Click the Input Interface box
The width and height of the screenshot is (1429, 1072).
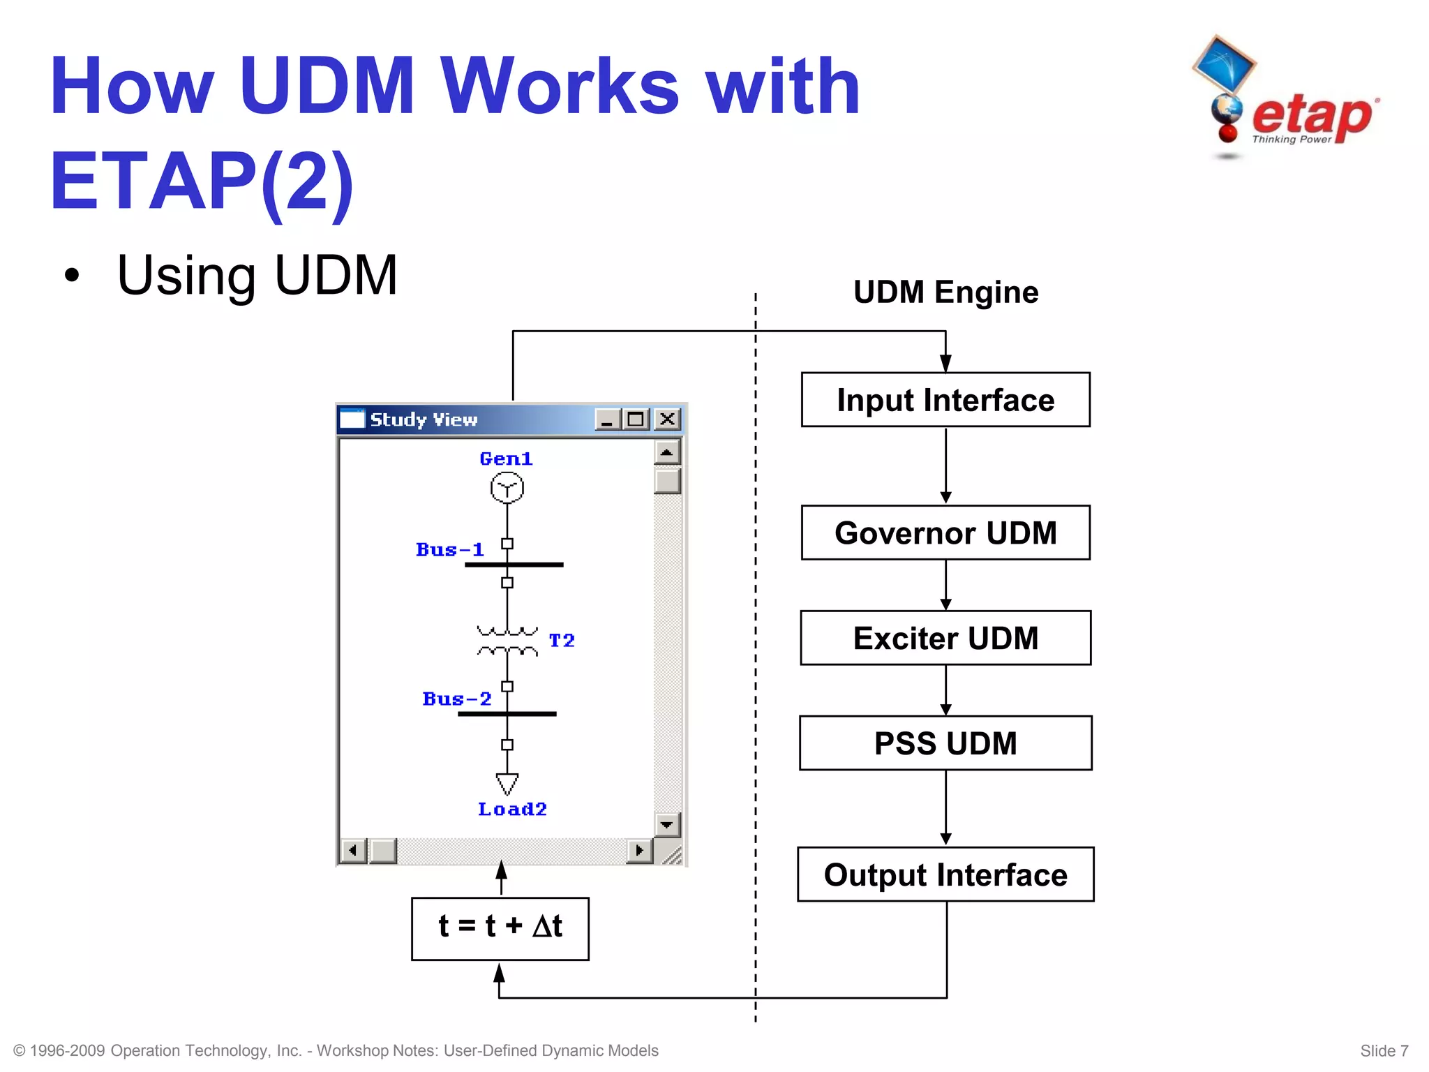pyautogui.click(x=945, y=400)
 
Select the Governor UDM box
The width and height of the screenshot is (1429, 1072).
pyautogui.click(x=945, y=533)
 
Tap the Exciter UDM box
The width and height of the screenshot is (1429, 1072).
pyautogui.click(x=945, y=638)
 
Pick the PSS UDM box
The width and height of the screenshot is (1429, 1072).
pyautogui.click(x=945, y=743)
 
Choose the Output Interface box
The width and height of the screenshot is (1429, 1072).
pyautogui.click(x=945, y=874)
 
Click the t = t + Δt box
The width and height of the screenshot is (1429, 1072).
pyautogui.click(x=500, y=928)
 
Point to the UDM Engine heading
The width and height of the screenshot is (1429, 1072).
pyautogui.click(x=945, y=292)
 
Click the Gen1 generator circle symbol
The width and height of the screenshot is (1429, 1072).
pyautogui.click(x=507, y=488)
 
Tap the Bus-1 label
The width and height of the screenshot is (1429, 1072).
pyautogui.click(x=449, y=550)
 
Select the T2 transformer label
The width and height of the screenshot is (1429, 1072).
pyautogui.click(x=561, y=641)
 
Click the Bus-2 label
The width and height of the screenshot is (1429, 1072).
pyautogui.click(x=456, y=699)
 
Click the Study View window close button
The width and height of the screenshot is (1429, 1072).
pyautogui.click(x=667, y=419)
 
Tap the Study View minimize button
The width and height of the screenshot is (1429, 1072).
pyautogui.click(x=607, y=419)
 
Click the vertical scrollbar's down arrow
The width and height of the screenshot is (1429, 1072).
pyautogui.click(x=667, y=824)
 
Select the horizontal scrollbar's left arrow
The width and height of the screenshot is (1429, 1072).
pyautogui.click(x=353, y=850)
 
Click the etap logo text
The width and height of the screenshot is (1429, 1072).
pyautogui.click(x=1312, y=115)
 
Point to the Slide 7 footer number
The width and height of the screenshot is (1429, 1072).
pyautogui.click(x=1384, y=1050)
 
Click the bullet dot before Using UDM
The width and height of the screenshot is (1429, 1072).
pyautogui.click(x=71, y=276)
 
